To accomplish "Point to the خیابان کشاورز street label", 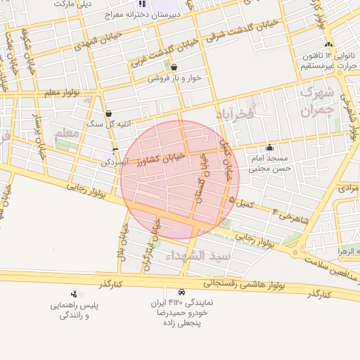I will [162, 157].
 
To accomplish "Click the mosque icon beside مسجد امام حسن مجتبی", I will [269, 148].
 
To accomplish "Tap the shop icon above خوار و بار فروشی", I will [174, 67].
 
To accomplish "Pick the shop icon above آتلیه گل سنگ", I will [108, 113].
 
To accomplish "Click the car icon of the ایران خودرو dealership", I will [181, 292].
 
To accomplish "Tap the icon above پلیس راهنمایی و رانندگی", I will [74, 294].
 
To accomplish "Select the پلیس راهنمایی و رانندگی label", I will [74, 311].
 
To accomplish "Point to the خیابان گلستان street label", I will [202, 179].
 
